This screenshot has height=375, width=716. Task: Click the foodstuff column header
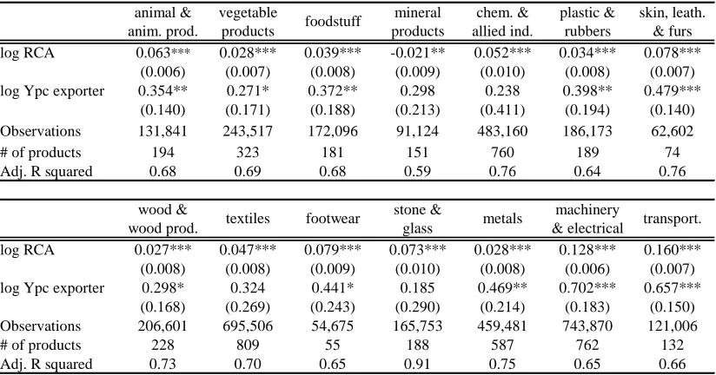coord(333,22)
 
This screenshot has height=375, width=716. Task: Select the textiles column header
coord(248,219)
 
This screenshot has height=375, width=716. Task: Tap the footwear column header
coord(333,219)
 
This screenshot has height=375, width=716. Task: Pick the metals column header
coord(502,219)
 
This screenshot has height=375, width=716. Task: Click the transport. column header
coord(673,219)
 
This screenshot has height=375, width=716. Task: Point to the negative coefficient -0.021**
coord(417,53)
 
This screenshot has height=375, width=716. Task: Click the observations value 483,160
coord(502,131)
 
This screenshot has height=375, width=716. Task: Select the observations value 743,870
coord(587,326)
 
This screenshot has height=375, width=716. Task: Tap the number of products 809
coord(248,345)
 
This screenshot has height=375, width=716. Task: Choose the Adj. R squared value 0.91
coord(417,364)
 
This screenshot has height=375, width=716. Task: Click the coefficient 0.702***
coord(587,288)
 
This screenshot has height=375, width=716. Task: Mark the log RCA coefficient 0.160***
coord(673,250)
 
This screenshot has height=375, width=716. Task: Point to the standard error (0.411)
coord(502,110)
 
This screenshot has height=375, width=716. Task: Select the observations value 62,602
coord(673,131)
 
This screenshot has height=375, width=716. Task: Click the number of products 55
coord(333,345)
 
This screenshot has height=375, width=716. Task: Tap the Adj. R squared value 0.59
coord(417,172)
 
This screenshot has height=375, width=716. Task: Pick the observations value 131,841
coord(162,131)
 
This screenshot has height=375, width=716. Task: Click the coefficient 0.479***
coord(673,91)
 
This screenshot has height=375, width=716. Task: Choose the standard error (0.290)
coord(417,307)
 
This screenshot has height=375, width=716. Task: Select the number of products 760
coord(502,153)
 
